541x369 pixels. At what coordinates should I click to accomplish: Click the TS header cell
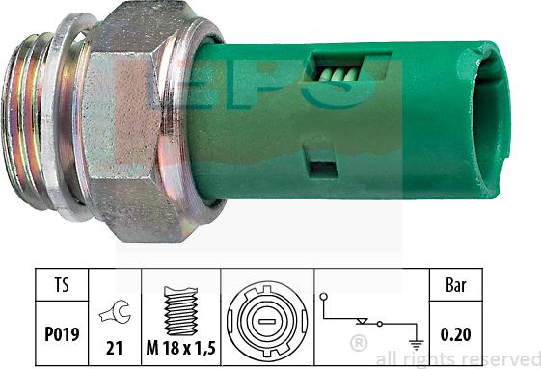(60, 286)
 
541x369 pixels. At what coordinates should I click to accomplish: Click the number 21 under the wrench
(114, 345)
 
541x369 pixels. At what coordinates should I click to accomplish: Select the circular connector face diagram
(266, 316)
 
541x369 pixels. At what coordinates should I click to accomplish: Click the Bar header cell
(456, 286)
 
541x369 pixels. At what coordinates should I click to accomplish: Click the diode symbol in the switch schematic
(365, 320)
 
